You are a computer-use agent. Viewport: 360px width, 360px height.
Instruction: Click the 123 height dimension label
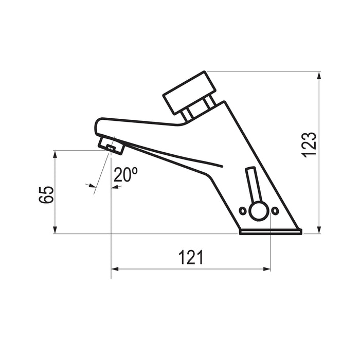tap(309, 145)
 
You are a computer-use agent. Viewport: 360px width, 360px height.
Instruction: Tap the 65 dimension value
tap(46, 195)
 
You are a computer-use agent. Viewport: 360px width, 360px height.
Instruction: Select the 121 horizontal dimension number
tap(191, 257)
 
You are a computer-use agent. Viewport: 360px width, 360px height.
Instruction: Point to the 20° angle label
tap(125, 174)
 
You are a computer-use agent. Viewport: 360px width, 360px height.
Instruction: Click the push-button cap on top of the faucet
tap(189, 93)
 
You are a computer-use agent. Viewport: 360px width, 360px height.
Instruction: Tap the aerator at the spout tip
tap(112, 145)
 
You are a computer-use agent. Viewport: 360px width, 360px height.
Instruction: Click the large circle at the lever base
tap(259, 211)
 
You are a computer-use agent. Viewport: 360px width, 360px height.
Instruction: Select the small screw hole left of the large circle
tap(243, 211)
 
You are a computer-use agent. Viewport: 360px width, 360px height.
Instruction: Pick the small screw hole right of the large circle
tap(275, 210)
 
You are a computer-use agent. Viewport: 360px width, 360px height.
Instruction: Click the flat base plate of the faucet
tap(271, 232)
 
